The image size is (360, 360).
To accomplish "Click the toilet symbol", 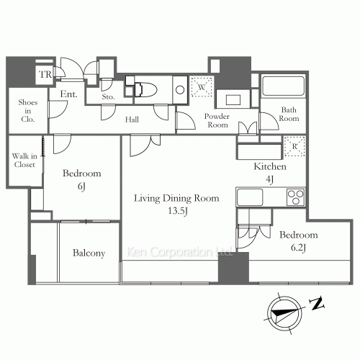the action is tap(145, 90).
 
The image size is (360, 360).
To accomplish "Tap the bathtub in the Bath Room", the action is tap(283, 86).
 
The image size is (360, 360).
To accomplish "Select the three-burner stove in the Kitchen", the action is tap(296, 197).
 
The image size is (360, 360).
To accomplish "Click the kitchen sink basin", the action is tap(250, 197).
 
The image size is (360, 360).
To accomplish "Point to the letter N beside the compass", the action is tap(317, 304).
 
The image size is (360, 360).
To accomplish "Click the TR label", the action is tap(45, 74).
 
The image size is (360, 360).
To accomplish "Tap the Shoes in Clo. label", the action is tap(28, 111).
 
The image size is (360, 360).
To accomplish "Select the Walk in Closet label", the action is tap(24, 161).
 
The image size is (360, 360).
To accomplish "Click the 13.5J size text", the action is tap(178, 211).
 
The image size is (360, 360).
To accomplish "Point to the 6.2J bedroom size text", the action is tap(298, 248).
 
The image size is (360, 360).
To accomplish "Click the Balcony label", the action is tap(89, 253).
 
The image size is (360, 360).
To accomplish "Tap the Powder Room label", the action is tap(217, 120).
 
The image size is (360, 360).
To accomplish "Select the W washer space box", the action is tap(202, 86).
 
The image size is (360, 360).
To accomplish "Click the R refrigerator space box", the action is tap(294, 146).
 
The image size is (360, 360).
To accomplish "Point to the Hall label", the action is tap(132, 120).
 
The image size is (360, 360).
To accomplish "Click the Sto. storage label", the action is tap(108, 96).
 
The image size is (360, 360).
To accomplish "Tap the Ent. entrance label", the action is tap(68, 94).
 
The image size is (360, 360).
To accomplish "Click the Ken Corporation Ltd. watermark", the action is tap(179, 252).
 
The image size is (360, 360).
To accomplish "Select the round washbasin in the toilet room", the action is tap(180, 90).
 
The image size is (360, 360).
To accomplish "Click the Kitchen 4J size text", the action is tap(270, 179).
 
